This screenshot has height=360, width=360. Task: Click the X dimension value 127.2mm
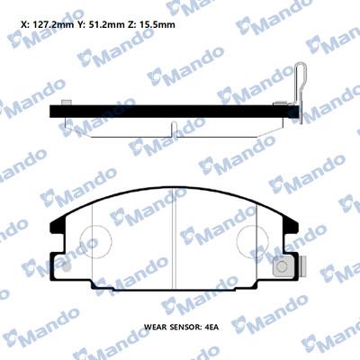pos(52,24)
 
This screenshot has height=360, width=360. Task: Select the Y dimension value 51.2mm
pos(105,24)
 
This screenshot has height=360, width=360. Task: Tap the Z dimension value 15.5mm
pos(158,24)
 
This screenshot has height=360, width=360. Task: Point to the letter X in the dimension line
pos(23,24)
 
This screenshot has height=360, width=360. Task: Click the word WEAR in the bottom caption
pos(155,327)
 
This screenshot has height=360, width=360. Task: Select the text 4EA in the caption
pos(211,327)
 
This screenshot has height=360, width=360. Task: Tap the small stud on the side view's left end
pos(66,103)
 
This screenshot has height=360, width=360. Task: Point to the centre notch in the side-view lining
pos(174,130)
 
